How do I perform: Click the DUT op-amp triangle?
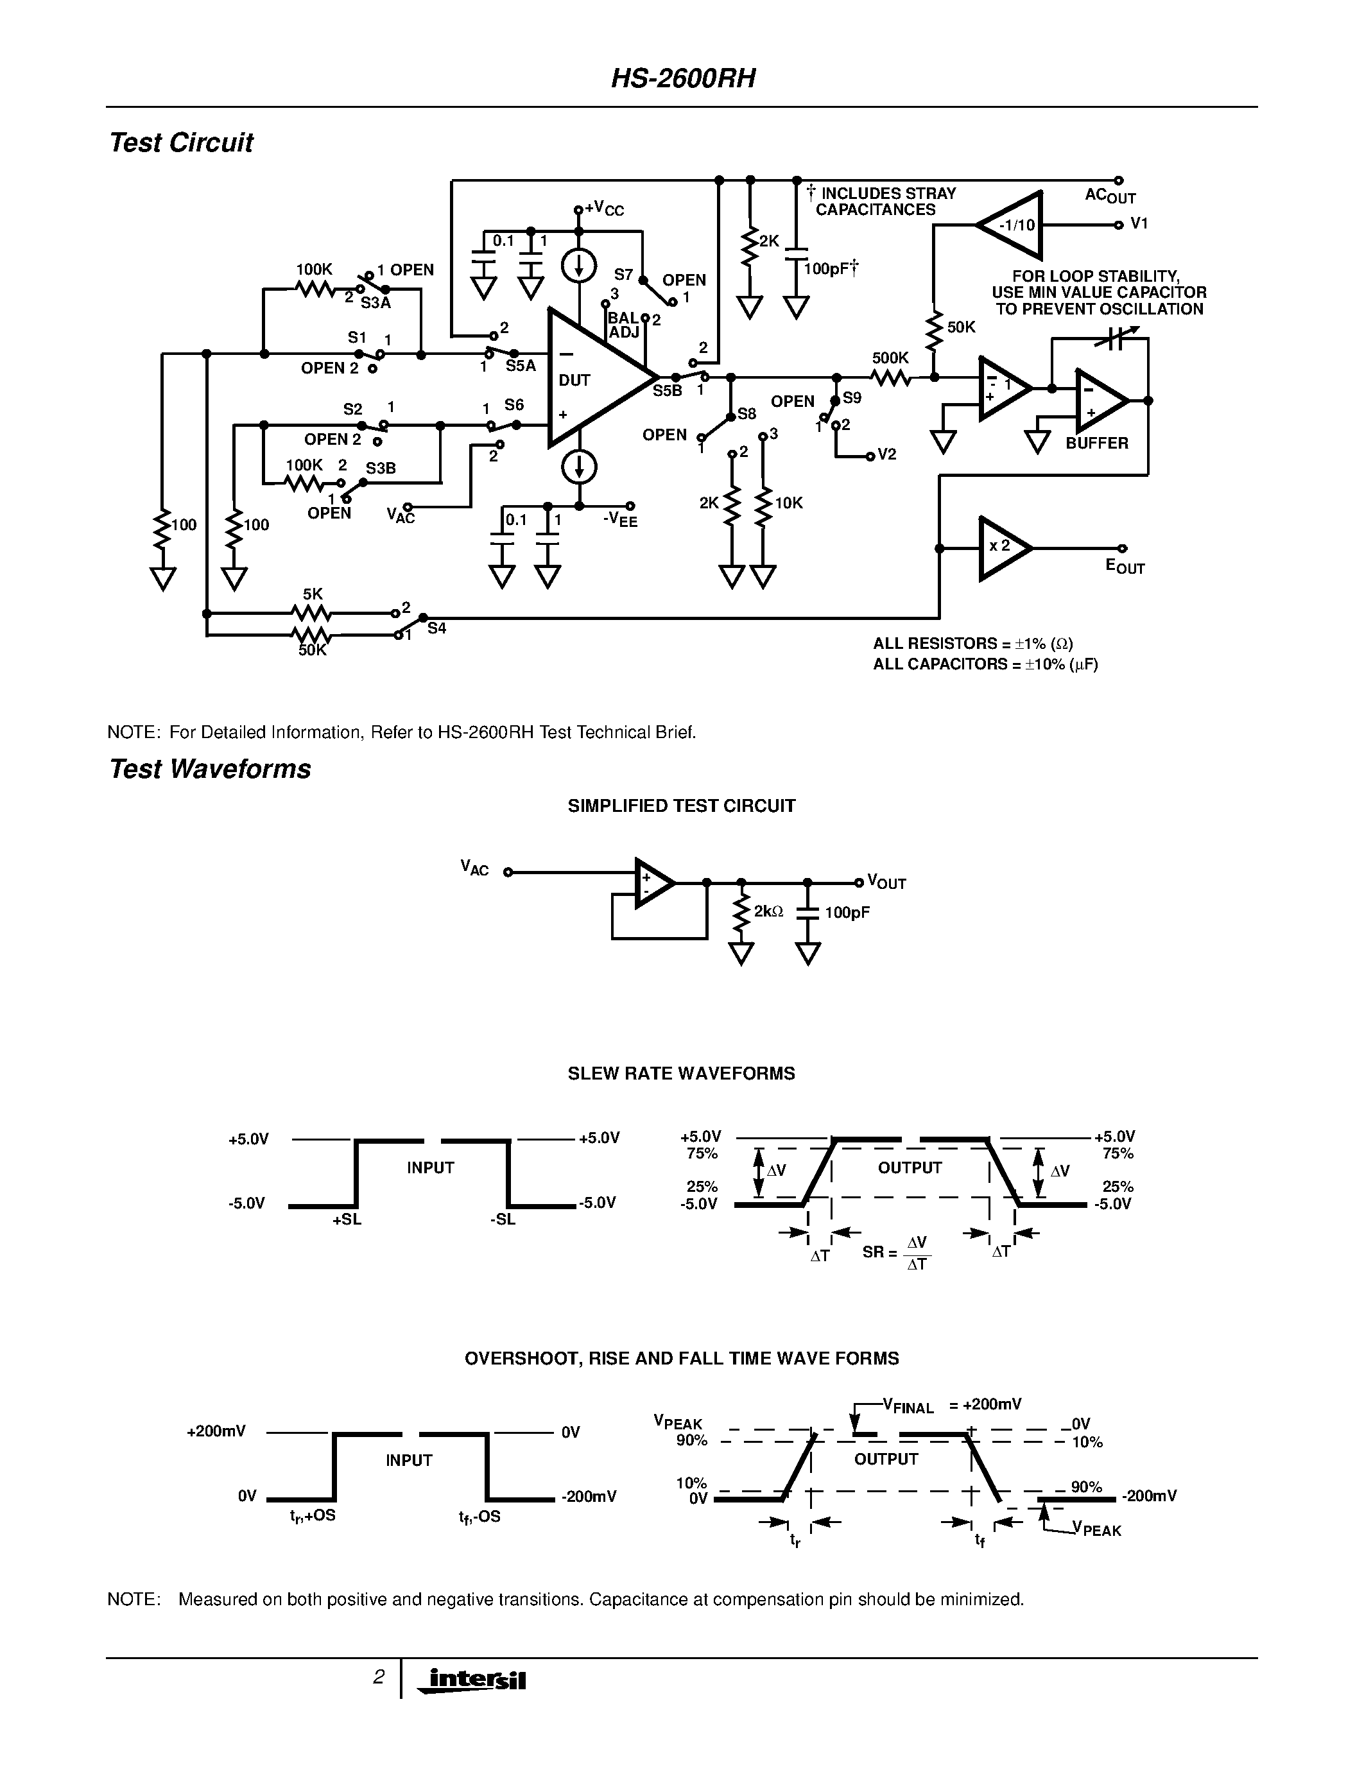pyautogui.click(x=594, y=378)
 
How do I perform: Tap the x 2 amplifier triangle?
pyautogui.click(x=1002, y=547)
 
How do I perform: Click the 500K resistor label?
pyautogui.click(x=890, y=358)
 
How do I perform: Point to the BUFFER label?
pyautogui.click(x=1096, y=443)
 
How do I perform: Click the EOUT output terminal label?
pyautogui.click(x=1125, y=567)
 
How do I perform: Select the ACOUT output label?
pyautogui.click(x=1109, y=196)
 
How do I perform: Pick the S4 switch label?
pyautogui.click(x=436, y=628)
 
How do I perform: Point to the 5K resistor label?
pyautogui.click(x=313, y=594)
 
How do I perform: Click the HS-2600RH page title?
pyautogui.click(x=683, y=78)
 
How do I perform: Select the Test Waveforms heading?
pyautogui.click(x=210, y=768)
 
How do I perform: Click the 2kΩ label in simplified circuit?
pyautogui.click(x=768, y=911)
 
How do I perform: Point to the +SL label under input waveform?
pyautogui.click(x=347, y=1220)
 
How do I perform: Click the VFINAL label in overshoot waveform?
pyautogui.click(x=908, y=1406)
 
